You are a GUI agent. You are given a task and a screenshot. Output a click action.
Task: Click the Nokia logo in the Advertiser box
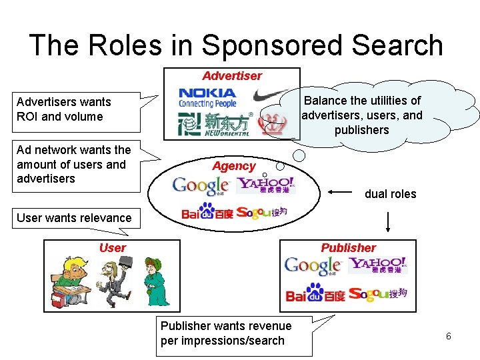pos(207,98)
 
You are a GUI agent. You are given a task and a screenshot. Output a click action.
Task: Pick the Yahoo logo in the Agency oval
pos(267,185)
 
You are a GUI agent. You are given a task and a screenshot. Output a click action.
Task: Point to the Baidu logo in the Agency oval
pos(207,214)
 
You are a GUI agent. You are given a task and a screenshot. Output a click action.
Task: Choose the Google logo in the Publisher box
pos(313,266)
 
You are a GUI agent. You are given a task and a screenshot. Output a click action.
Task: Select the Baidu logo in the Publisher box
pos(315,293)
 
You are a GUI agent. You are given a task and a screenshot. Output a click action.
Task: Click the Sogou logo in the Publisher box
pos(377,294)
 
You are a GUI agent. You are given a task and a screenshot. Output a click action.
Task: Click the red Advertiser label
pos(232,76)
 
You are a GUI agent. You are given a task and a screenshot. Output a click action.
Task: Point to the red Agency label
pos(234,166)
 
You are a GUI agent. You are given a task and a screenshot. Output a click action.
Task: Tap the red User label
pos(112,248)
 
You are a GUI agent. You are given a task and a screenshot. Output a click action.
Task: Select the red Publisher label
pos(349,248)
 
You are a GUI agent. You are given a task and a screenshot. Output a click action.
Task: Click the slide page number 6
pos(449,336)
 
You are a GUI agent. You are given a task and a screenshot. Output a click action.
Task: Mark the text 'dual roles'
pos(390,194)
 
